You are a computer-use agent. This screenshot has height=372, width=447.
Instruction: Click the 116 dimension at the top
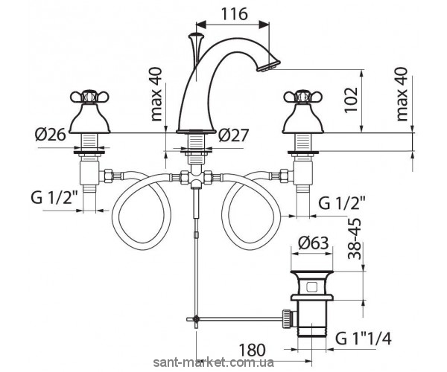click(x=234, y=14)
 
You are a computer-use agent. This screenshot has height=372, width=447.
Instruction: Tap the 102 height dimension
click(x=351, y=100)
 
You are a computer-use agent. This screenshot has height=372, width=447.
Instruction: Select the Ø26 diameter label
click(x=50, y=135)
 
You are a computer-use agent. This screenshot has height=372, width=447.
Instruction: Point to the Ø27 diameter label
click(x=233, y=135)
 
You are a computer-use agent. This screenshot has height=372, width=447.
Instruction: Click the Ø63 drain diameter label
click(x=314, y=243)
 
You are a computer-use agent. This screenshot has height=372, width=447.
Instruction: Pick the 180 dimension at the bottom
click(x=252, y=350)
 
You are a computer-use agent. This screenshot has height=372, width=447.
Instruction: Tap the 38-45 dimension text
click(x=355, y=239)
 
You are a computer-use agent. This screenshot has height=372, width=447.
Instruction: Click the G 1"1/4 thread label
click(x=364, y=339)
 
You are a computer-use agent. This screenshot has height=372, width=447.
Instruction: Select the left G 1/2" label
click(x=54, y=198)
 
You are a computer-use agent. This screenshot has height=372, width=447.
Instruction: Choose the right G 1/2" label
click(x=342, y=203)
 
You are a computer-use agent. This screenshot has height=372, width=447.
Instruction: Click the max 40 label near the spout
click(x=156, y=94)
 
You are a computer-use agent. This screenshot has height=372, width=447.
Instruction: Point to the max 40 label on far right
click(x=402, y=94)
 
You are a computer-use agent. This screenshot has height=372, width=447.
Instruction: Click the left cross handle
click(x=90, y=97)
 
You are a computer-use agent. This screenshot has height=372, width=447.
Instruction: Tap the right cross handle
click(x=302, y=97)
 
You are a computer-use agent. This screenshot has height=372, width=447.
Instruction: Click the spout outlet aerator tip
click(x=268, y=65)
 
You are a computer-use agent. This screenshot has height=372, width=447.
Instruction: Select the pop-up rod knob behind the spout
click(x=196, y=36)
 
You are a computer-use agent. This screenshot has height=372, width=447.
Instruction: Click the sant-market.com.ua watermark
click(x=214, y=362)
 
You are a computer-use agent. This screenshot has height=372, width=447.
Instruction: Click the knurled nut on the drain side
click(x=288, y=318)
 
